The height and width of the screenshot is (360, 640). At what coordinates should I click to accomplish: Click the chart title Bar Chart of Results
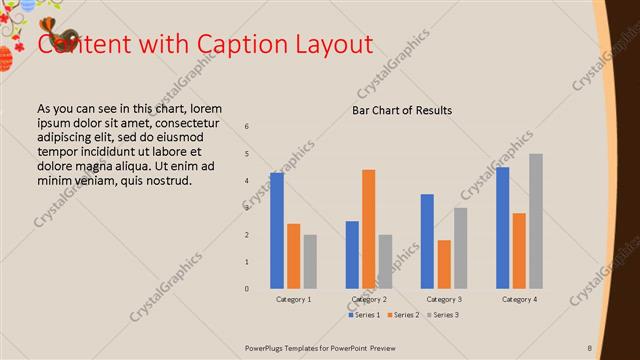point(402,110)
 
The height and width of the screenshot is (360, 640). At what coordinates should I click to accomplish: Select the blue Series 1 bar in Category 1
point(276,230)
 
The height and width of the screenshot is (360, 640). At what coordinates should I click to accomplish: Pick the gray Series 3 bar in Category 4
point(536,221)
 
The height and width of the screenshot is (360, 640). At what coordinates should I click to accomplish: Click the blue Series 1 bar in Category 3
point(427,241)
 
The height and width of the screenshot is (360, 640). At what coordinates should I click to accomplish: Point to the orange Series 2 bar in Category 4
point(519,250)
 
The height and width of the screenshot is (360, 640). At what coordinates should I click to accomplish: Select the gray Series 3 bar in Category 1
point(310,261)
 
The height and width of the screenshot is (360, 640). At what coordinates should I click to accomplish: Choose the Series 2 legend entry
point(402,315)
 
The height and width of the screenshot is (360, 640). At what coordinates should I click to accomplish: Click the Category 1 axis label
point(293,299)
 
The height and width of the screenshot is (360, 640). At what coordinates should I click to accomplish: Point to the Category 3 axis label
point(444,299)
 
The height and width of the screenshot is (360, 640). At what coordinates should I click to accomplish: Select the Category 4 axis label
point(519,299)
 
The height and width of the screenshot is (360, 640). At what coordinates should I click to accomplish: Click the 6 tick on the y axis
point(247,127)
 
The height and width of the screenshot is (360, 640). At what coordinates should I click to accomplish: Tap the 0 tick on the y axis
point(247,289)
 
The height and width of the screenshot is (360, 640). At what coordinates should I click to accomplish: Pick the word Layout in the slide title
point(333,45)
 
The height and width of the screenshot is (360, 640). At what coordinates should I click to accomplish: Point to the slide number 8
point(589,347)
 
